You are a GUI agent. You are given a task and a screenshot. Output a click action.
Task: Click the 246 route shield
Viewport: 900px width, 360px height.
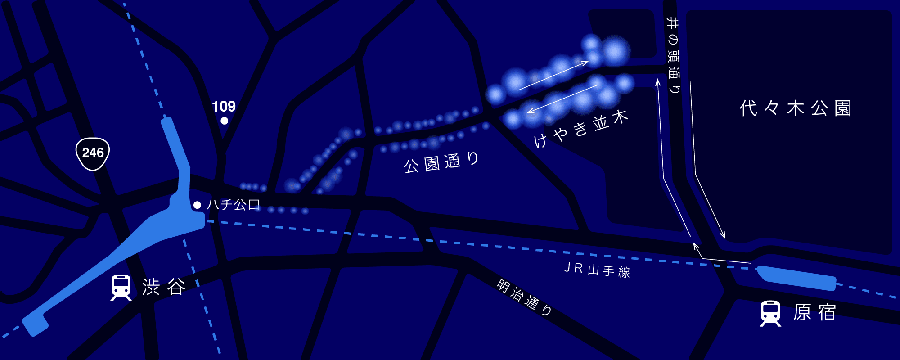pyautogui.click(x=92, y=153)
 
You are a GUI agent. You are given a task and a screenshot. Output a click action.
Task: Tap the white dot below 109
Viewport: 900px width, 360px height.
pyautogui.click(x=224, y=121)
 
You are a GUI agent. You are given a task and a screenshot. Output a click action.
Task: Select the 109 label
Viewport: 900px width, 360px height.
pyautogui.click(x=224, y=107)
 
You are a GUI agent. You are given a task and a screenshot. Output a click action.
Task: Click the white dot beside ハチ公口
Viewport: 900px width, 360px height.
pyautogui.click(x=197, y=205)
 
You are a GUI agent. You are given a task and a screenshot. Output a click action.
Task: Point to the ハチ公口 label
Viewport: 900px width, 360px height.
pyautogui.click(x=234, y=205)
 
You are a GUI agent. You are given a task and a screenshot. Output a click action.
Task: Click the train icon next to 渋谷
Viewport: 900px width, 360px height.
pyautogui.click(x=121, y=288)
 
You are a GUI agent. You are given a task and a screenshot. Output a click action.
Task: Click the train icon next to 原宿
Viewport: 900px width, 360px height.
pyautogui.click(x=770, y=313)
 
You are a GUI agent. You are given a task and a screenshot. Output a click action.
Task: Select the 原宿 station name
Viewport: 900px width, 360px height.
pyautogui.click(x=814, y=312)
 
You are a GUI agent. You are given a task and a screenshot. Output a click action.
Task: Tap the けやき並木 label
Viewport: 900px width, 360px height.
pyautogui.click(x=580, y=129)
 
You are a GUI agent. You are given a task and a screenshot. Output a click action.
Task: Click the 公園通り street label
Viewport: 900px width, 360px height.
pyautogui.click(x=441, y=162)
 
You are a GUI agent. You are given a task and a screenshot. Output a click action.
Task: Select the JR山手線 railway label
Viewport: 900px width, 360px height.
pyautogui.click(x=597, y=270)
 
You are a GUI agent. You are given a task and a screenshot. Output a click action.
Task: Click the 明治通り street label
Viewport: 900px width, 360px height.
pyautogui.click(x=525, y=297)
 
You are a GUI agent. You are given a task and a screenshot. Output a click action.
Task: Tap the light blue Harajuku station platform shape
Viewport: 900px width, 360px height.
pyautogui.click(x=796, y=278)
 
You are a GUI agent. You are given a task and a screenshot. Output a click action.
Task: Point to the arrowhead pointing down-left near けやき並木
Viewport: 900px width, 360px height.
pyautogui.click(x=530, y=112)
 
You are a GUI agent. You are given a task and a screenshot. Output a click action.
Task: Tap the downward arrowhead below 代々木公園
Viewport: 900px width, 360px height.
pyautogui.click(x=724, y=236)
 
